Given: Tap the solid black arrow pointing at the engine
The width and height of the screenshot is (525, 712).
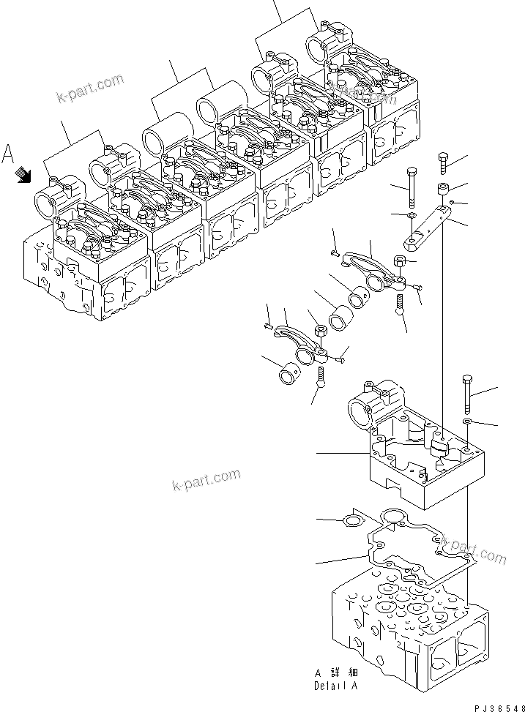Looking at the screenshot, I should pyautogui.click(x=23, y=174).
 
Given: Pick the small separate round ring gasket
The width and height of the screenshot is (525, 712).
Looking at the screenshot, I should pyautogui.click(x=352, y=520).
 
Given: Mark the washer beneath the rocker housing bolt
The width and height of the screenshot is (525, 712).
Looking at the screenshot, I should pyautogui.click(x=466, y=422).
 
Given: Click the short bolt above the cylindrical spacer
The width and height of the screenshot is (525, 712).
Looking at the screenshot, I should pyautogui.click(x=443, y=162).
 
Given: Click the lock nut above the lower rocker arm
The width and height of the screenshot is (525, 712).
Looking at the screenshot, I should pyautogui.click(x=319, y=333).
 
